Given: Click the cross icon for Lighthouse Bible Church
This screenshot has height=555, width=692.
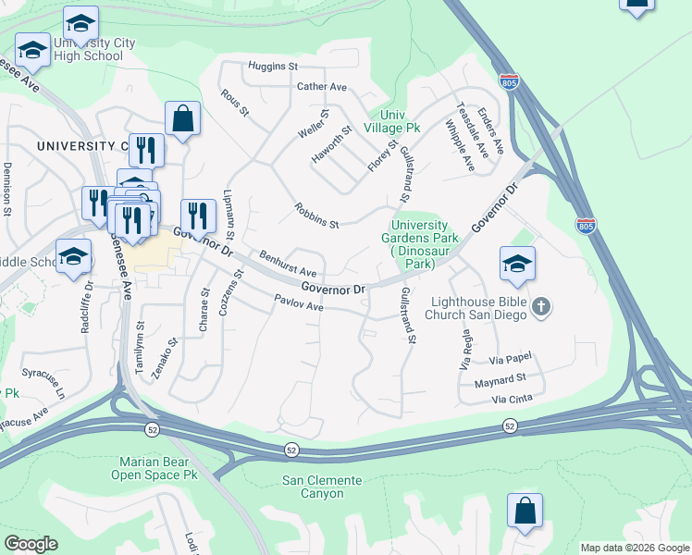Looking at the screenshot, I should point(542,306).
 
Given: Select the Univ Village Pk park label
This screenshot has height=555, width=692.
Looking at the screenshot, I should point(392,120).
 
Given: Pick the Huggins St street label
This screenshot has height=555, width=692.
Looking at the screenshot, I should point(272,67).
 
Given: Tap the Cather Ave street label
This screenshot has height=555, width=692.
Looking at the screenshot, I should point(321,87).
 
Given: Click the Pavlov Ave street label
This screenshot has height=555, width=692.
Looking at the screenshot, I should point(298,302).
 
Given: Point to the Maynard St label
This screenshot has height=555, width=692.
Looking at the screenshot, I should point(500,378).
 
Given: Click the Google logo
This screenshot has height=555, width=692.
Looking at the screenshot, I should point(31,544).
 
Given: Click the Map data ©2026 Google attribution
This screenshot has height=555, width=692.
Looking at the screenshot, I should point(635,548).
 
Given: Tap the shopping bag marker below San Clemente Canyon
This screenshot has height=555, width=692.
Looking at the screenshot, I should point(525,512).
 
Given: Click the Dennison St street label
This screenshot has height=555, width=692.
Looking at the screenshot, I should point(6,189).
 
